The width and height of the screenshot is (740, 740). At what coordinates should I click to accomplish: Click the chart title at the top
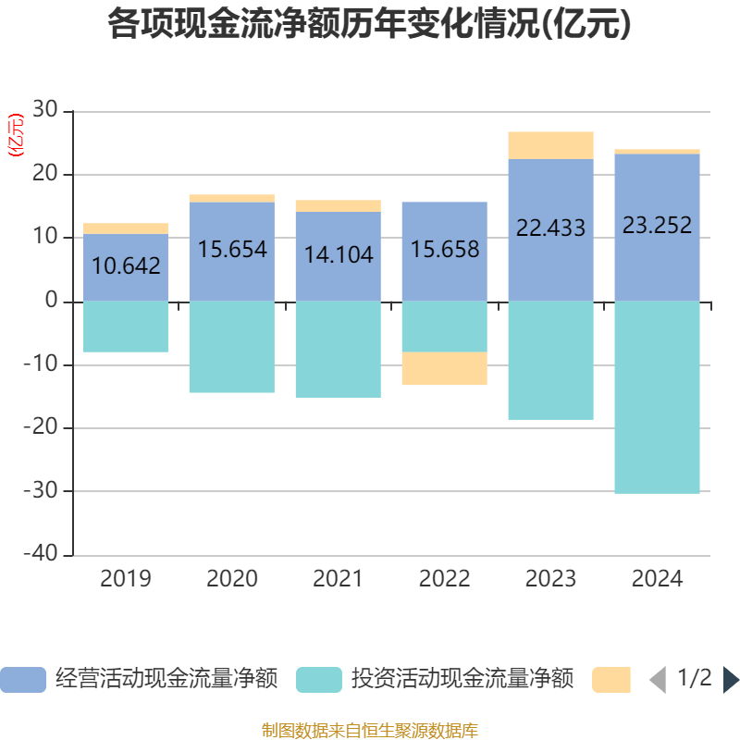(370, 24)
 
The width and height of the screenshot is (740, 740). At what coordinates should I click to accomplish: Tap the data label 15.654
(232, 249)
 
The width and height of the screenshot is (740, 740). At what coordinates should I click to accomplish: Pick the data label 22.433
(550, 228)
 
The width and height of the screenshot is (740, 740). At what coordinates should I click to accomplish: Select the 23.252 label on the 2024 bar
(657, 225)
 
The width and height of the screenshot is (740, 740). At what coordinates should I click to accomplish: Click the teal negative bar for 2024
(657, 398)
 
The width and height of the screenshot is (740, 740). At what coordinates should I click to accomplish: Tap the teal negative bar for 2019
(126, 327)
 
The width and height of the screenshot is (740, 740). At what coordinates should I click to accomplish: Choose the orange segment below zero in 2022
(444, 368)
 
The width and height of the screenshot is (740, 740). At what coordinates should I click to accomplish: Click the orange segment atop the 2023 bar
(550, 145)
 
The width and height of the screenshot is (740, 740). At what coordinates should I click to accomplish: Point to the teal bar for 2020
(232, 347)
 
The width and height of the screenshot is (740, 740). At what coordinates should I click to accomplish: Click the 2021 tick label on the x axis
(338, 579)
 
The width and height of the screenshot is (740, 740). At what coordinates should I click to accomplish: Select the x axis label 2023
(550, 579)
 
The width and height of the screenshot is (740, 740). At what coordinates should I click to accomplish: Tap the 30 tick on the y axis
(45, 111)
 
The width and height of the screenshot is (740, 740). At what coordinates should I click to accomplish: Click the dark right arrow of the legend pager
(730, 680)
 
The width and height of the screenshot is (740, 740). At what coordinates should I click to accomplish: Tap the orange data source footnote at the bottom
(370, 730)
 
